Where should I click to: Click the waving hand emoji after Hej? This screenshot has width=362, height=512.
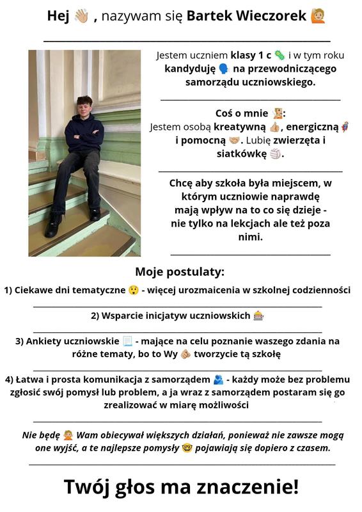[82, 15]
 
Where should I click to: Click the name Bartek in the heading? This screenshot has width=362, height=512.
[208, 15]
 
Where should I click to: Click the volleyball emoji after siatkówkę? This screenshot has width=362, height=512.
[276, 154]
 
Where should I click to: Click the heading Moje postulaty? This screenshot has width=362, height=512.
[180, 271]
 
